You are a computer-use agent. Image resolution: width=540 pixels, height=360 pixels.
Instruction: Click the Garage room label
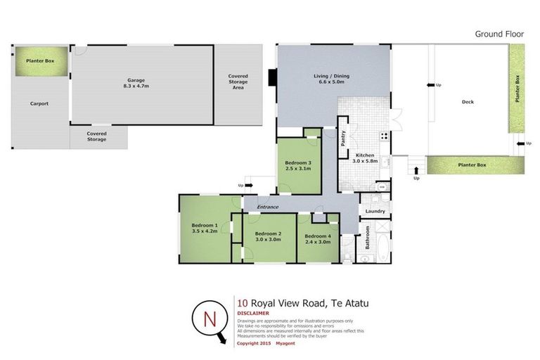[137, 80]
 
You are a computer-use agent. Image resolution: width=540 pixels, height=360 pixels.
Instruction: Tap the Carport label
[39, 104]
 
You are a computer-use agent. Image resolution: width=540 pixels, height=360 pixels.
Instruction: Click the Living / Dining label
[331, 76]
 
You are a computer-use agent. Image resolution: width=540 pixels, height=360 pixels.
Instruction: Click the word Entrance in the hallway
[269, 207]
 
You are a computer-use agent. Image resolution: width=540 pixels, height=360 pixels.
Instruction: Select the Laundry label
[375, 211]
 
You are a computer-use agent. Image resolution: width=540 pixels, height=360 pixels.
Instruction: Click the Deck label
[468, 102]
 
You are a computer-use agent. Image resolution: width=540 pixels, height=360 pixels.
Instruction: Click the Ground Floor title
[499, 34]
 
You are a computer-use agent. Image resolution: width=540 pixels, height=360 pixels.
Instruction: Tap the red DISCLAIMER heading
[253, 314]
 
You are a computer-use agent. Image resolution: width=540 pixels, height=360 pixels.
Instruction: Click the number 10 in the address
[243, 303]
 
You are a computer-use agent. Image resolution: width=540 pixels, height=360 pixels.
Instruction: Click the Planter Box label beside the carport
[41, 61]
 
